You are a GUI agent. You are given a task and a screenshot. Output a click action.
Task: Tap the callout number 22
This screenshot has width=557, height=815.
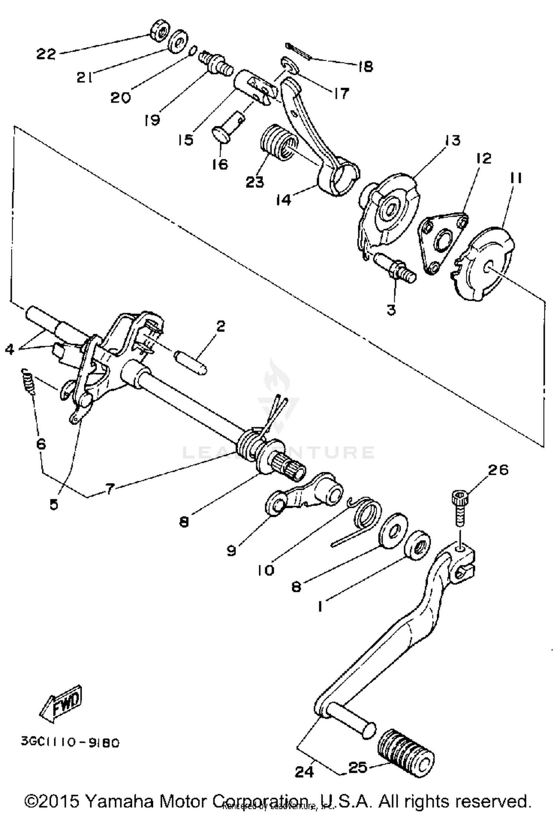click(46, 55)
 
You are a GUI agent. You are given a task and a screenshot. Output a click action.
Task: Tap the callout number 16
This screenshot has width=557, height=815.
click(220, 164)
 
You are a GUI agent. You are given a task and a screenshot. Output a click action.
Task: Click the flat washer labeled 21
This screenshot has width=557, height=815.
click(178, 42)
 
